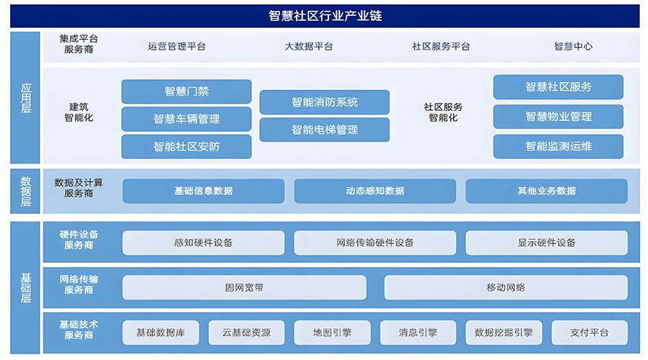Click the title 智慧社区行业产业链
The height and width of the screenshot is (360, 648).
[x=325, y=16]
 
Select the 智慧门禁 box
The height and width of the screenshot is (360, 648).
[x=186, y=91]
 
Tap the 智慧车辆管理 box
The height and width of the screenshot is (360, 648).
[x=186, y=119]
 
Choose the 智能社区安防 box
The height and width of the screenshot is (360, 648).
[x=186, y=146]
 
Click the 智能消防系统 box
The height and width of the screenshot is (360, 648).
[x=325, y=102]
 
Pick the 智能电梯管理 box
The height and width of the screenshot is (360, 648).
[x=325, y=130]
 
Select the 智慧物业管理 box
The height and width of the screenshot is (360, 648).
[x=558, y=117]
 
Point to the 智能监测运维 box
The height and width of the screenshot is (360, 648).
[x=558, y=146]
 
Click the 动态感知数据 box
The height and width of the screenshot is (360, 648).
[x=375, y=191]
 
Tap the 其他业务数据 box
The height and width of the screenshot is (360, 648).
[x=546, y=191]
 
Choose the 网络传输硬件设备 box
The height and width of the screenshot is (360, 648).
[x=375, y=243]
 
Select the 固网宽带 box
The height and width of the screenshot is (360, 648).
[x=244, y=287]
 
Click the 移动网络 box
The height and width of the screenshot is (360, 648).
[x=506, y=287]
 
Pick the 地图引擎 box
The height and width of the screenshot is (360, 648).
[x=332, y=333]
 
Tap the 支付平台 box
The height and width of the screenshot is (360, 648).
[x=589, y=333]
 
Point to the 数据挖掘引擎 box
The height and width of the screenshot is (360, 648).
[x=504, y=333]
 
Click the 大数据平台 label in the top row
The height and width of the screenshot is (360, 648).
[x=309, y=46]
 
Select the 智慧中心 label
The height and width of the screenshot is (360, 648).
[x=573, y=46]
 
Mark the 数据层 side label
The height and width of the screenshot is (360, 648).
[x=25, y=191]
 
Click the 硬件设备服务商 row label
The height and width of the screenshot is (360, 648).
[x=78, y=240]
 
